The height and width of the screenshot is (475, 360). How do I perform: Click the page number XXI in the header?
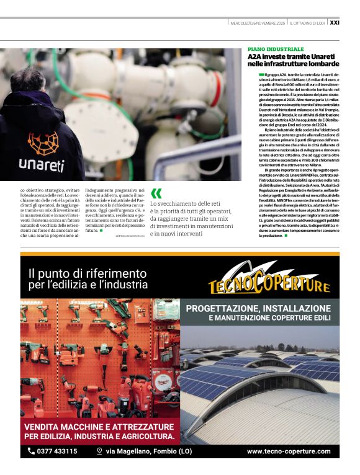[x=334, y=23]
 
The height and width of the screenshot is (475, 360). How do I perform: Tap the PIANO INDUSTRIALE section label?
[x=276, y=48]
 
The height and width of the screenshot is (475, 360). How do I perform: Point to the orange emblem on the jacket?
[x=43, y=143]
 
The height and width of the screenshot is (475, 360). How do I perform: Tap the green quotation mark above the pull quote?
[x=156, y=193]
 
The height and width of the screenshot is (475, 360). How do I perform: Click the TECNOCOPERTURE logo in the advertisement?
[x=268, y=283]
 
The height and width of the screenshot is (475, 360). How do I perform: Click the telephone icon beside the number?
[x=31, y=451]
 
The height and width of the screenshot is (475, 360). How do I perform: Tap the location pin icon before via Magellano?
[x=99, y=451]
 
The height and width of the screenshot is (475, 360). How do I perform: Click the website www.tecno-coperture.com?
[x=289, y=452]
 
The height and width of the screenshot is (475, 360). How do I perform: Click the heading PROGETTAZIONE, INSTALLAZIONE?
[x=263, y=308]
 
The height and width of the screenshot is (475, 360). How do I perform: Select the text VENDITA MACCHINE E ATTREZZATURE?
[x=99, y=427]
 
